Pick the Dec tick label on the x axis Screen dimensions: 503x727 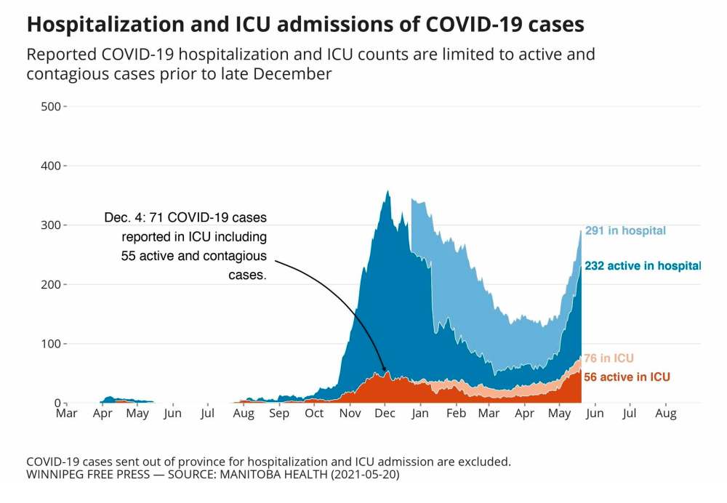[x=385, y=414]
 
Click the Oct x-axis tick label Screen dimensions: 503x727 [x=314, y=414]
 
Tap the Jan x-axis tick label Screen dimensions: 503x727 [x=419, y=414]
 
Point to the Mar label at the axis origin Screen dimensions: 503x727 [x=67, y=414]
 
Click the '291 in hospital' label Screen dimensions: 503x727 [x=625, y=231]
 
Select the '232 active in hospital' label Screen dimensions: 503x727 [x=643, y=266]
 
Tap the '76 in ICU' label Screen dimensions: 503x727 [x=608, y=358]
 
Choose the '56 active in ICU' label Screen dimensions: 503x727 [x=627, y=377]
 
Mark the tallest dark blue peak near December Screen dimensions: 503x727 [x=388, y=192]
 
